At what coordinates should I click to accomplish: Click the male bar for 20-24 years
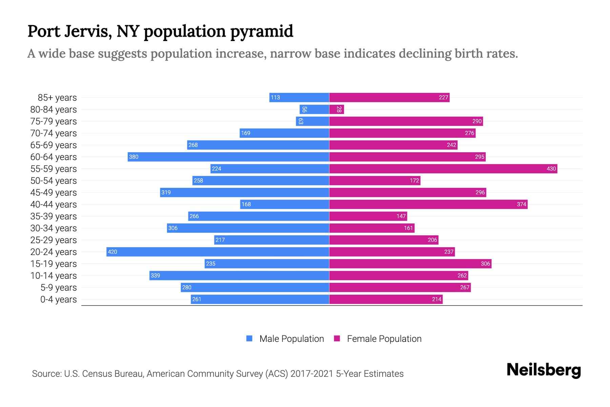click(x=218, y=252)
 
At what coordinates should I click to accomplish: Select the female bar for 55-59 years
click(x=443, y=169)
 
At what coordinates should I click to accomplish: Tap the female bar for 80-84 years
click(x=337, y=109)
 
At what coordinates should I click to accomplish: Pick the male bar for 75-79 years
click(x=312, y=121)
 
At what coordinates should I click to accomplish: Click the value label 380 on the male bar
click(x=134, y=157)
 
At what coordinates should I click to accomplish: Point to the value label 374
click(x=521, y=204)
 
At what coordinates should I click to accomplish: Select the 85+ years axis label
click(x=57, y=98)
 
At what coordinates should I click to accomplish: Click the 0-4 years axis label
click(x=58, y=299)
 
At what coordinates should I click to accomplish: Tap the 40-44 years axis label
click(x=54, y=205)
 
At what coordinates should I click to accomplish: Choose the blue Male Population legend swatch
click(x=249, y=338)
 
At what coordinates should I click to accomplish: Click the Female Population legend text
click(x=384, y=339)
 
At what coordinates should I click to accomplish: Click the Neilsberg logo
click(x=544, y=370)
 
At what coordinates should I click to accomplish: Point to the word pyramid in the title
click(x=262, y=31)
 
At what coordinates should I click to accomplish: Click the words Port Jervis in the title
click(x=69, y=31)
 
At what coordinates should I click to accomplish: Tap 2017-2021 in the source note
click(x=311, y=374)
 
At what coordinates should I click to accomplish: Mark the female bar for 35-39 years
click(x=368, y=216)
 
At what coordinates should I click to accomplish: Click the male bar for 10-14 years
click(x=239, y=275)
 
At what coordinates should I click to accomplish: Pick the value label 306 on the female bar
click(x=485, y=264)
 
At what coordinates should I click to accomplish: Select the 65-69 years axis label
click(x=54, y=145)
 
